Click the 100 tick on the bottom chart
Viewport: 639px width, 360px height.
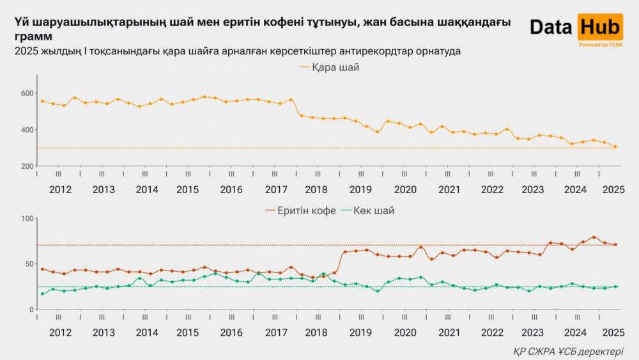click(x=26, y=219)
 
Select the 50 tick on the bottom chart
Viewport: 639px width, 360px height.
click(x=28, y=264)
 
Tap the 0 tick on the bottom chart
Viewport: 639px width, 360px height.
click(x=31, y=309)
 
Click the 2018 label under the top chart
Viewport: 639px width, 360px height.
click(x=316, y=189)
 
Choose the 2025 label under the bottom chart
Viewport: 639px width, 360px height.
click(x=613, y=333)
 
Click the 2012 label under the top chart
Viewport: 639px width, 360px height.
click(x=60, y=189)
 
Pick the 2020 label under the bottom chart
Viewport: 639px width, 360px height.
click(x=405, y=333)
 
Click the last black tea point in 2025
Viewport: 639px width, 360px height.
click(x=615, y=146)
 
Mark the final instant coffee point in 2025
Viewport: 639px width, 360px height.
click(x=615, y=245)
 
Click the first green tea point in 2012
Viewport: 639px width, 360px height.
click(x=42, y=294)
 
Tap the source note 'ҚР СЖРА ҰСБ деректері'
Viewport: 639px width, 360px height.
click(x=568, y=351)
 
